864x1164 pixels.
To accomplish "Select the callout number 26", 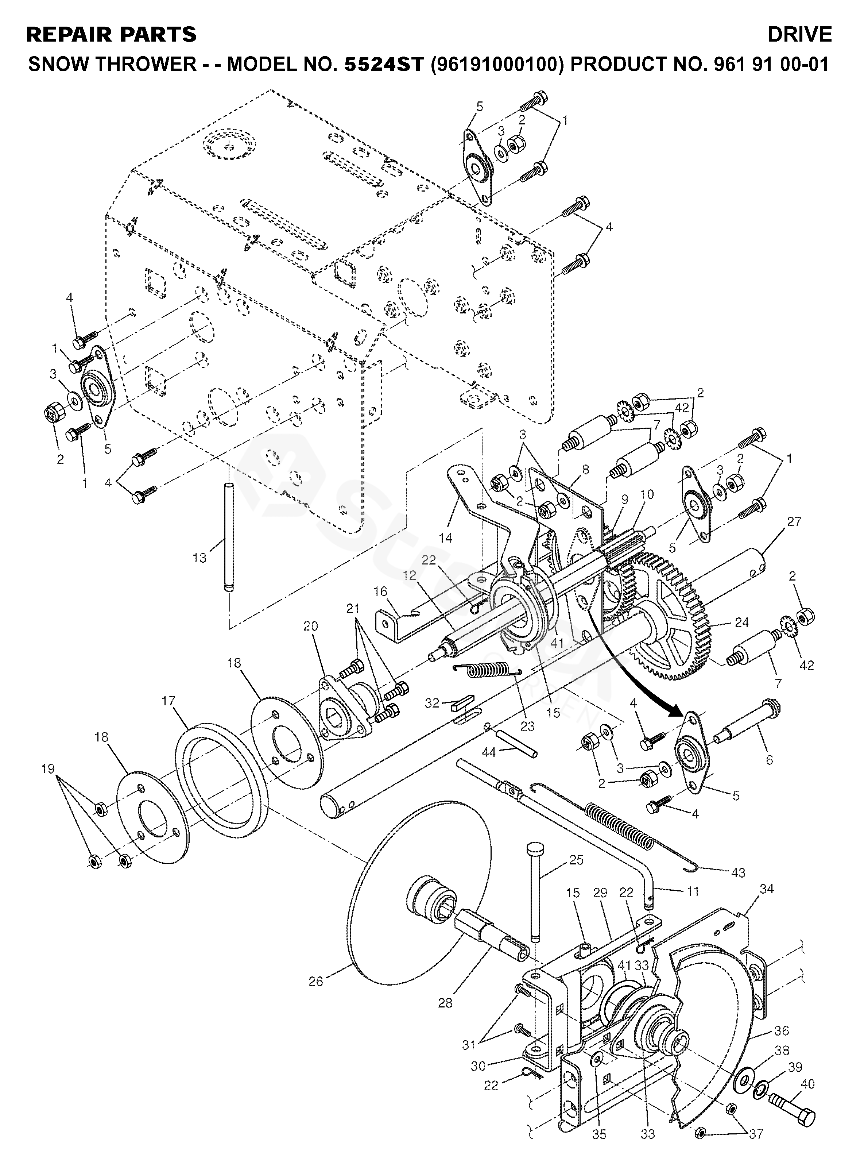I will (x=316, y=982).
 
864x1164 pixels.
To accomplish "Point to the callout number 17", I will (x=168, y=701).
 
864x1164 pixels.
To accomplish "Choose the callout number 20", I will (x=311, y=626).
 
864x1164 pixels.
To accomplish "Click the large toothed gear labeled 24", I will (x=675, y=617).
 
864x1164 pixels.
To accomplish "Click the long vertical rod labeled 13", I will (x=229, y=539).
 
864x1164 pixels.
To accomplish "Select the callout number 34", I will (x=767, y=889).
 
